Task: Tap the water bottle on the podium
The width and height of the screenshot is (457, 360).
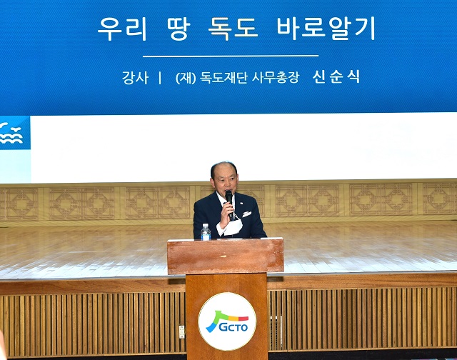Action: pos(206,232)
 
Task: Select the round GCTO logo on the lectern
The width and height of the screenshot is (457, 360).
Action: pos(227,321)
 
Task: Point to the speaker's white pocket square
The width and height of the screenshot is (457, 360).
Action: pos(246,213)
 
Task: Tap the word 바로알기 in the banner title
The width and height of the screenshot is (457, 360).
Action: pos(328,29)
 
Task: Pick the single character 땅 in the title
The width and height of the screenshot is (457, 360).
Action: pos(182,29)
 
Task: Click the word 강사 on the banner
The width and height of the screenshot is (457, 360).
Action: pos(135,78)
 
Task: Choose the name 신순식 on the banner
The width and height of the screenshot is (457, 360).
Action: pos(336,77)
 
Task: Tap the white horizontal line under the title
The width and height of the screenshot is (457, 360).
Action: pos(230,56)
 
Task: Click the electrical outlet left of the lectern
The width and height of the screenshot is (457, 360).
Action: pos(181,331)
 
